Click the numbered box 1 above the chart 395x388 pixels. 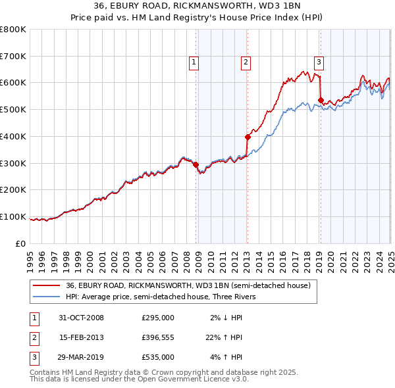point(195,62)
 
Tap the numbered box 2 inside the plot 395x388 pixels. point(245,62)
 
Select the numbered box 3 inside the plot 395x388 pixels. point(319,62)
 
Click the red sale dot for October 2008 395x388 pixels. point(196,164)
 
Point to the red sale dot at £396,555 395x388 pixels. point(248,137)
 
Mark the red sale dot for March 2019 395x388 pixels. point(321,101)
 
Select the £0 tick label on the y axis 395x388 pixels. point(20,243)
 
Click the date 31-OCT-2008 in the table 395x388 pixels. point(80,318)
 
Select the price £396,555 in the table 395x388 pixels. point(158,337)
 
